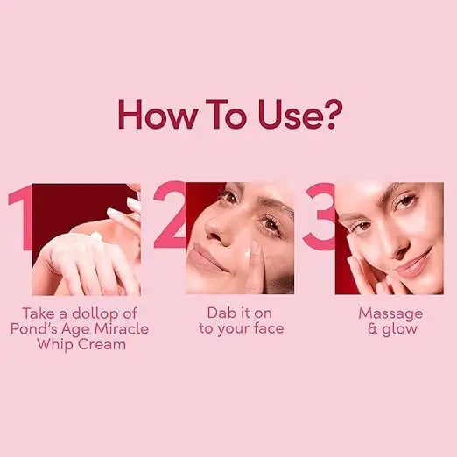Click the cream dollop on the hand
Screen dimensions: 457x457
coord(96,236)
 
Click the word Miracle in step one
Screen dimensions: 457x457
coord(122,328)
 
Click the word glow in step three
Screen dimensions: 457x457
coord(398,328)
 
